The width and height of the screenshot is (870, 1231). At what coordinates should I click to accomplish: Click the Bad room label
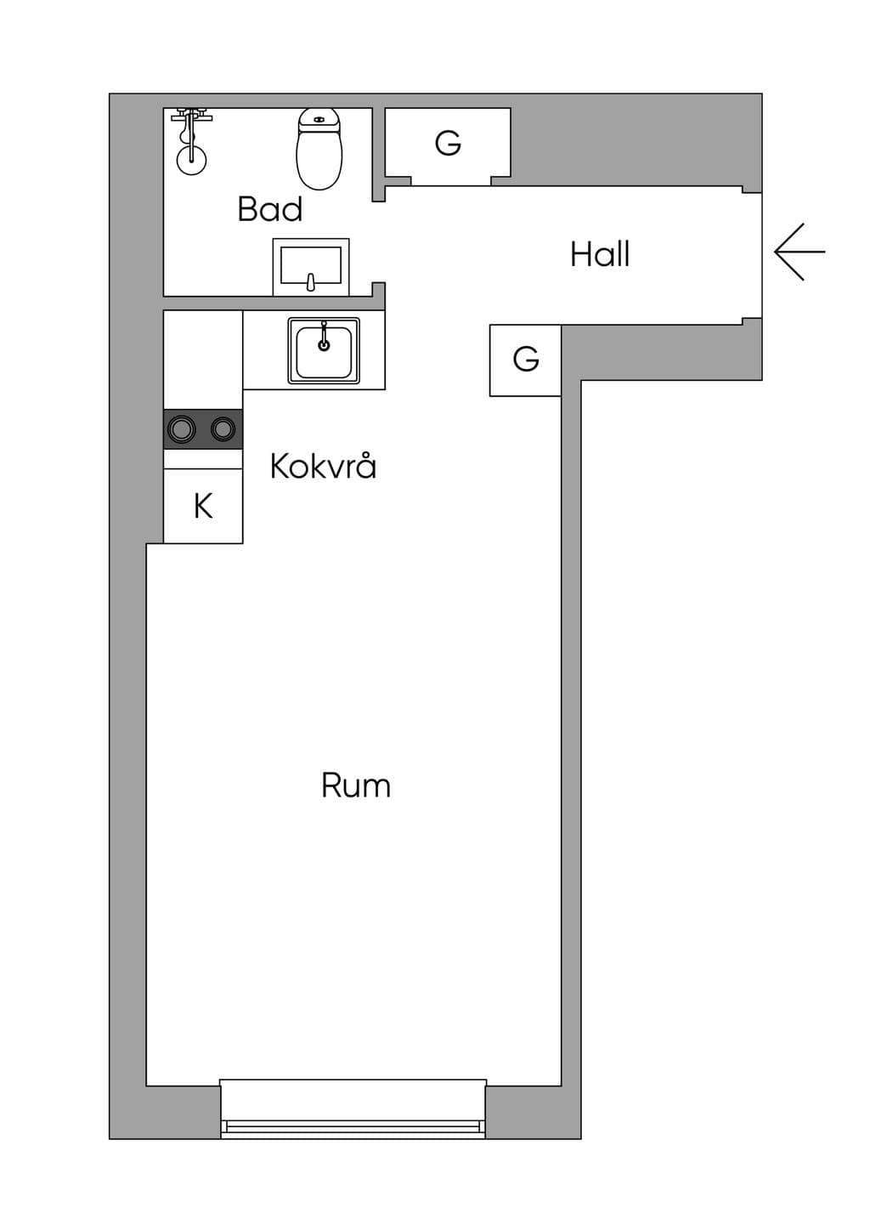(x=269, y=209)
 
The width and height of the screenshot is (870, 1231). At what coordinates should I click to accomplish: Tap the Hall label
(x=600, y=254)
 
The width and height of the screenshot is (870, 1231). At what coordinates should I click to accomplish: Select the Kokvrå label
(x=323, y=465)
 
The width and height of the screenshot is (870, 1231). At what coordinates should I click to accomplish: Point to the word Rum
(x=356, y=786)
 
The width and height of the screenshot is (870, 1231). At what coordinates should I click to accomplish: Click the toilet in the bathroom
(x=319, y=149)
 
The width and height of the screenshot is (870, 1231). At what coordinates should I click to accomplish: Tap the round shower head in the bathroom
(x=191, y=160)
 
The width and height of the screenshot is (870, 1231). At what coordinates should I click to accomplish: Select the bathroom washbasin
(x=311, y=267)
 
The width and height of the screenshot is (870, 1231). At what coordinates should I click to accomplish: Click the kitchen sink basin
(x=324, y=350)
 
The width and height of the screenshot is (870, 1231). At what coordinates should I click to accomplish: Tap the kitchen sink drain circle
(x=324, y=345)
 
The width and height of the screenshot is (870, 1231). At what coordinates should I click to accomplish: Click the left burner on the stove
(x=181, y=428)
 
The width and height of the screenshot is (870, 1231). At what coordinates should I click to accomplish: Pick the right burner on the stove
(x=223, y=428)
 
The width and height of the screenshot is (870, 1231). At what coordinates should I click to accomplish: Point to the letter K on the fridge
(x=203, y=506)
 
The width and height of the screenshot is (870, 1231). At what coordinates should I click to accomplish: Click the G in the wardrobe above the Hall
(x=448, y=144)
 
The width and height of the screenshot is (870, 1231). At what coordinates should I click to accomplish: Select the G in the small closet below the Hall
(x=526, y=360)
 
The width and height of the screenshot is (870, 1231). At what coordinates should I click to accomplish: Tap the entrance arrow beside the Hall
(x=799, y=252)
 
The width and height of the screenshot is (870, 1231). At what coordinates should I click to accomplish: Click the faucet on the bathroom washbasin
(x=311, y=282)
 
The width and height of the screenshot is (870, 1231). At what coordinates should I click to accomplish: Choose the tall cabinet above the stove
(x=203, y=360)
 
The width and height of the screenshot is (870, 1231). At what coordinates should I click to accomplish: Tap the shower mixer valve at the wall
(x=191, y=116)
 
